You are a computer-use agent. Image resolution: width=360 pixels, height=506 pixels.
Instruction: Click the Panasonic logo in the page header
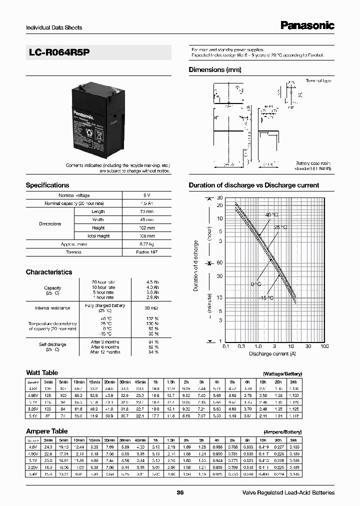[306, 26]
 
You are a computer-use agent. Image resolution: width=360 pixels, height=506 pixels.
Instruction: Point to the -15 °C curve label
[265, 298]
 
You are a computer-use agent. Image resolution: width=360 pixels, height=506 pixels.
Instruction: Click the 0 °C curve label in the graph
[256, 284]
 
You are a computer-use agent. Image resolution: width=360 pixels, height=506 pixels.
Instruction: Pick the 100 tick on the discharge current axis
[324, 346]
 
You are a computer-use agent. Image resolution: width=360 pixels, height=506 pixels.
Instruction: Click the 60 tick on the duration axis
[219, 263]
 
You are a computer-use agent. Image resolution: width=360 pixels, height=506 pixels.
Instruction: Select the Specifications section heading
[47, 185]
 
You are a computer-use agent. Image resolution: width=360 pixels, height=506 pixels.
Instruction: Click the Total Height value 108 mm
[147, 236]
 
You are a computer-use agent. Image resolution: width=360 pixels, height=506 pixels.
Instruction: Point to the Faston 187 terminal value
[147, 252]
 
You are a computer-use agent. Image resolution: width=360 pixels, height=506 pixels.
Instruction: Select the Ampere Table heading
[46, 431]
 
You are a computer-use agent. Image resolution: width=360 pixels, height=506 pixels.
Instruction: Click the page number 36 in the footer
[180, 492]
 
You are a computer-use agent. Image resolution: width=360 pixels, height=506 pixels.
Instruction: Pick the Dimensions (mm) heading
[215, 70]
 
